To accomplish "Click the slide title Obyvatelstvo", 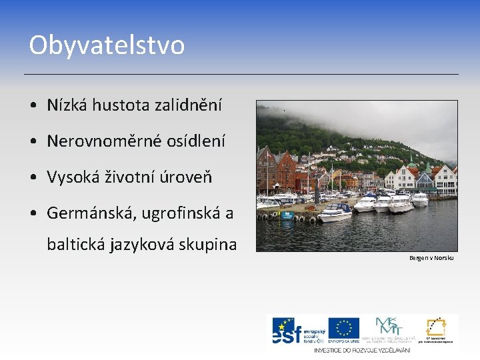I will click(107, 45).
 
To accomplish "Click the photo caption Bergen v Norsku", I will click(431, 257).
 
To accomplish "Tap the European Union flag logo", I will click(344, 327).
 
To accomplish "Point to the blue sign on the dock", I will click(286, 215).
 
